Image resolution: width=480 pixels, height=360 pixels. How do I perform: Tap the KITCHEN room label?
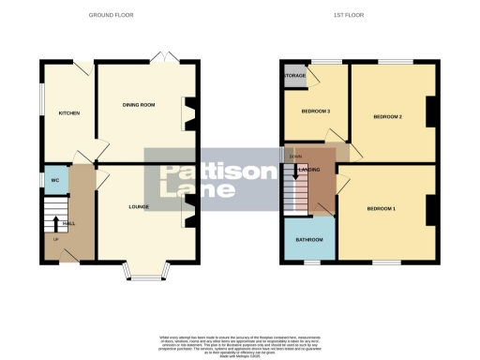click(x=69, y=113)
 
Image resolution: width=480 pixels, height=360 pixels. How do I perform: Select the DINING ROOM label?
click(x=139, y=103)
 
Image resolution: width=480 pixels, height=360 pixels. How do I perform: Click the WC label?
click(x=54, y=179)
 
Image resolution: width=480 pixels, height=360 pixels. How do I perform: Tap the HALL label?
click(x=68, y=223)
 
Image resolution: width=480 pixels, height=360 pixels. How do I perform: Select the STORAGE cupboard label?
click(x=295, y=75)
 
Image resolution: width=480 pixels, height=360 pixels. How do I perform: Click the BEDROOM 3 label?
click(x=316, y=112)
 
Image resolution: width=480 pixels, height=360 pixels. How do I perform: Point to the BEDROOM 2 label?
click(x=387, y=116)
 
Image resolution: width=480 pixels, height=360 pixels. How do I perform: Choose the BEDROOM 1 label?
click(x=382, y=207)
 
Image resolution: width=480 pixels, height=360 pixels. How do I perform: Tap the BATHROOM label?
click(x=309, y=240)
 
